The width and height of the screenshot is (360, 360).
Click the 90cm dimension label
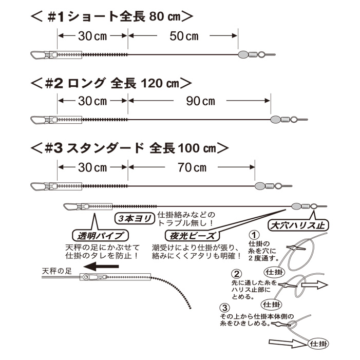click(x=200, y=101)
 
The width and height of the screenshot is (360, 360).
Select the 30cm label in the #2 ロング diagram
click(x=92, y=101)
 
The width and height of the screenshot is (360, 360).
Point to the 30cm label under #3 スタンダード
click(x=92, y=167)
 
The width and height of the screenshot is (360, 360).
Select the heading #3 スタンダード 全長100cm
click(x=128, y=148)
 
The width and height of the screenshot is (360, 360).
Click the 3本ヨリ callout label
click(x=135, y=218)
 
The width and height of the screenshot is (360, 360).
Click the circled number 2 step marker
click(x=237, y=273)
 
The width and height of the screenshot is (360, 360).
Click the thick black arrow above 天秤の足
click(x=105, y=267)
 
